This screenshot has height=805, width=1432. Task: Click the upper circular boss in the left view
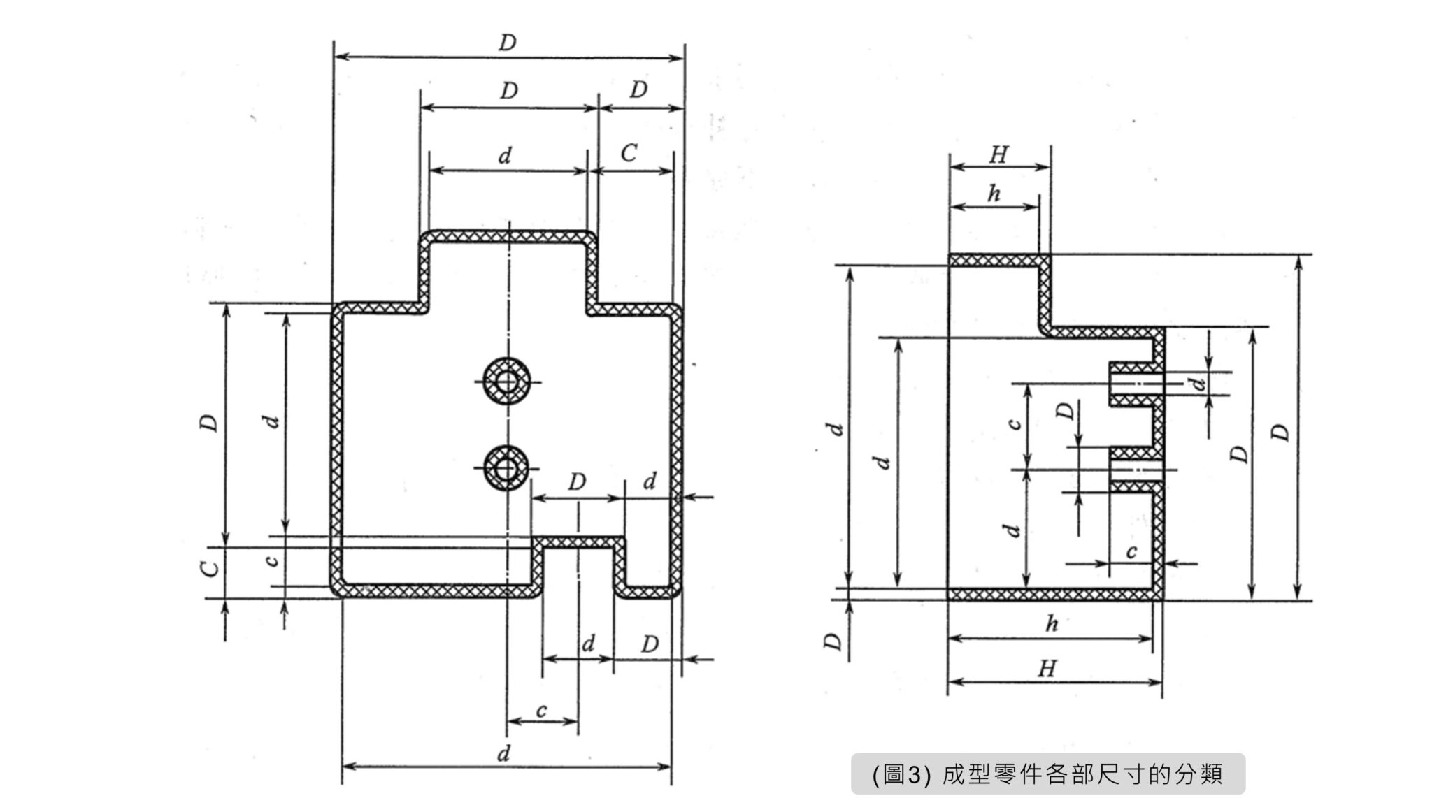pos(508,382)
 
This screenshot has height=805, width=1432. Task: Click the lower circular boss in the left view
pos(506,467)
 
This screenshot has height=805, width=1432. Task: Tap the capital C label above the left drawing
pos(629,153)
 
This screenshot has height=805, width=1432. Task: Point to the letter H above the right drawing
pos(998,154)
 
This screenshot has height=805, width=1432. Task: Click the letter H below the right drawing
pos(1046,669)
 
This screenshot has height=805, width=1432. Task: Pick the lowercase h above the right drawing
pos(994,194)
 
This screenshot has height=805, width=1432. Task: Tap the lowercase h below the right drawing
pos(1052,623)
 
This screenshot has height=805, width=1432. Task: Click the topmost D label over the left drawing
pos(507,43)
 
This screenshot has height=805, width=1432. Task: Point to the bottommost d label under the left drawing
pos(503,754)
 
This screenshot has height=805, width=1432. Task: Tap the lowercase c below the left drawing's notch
pos(542,711)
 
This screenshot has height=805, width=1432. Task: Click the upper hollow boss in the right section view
pos(1134,384)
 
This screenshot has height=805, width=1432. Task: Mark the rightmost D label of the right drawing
pos(1280,433)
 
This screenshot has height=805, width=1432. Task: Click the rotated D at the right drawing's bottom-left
pos(833,641)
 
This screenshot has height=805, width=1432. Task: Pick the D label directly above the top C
pos(638,90)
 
